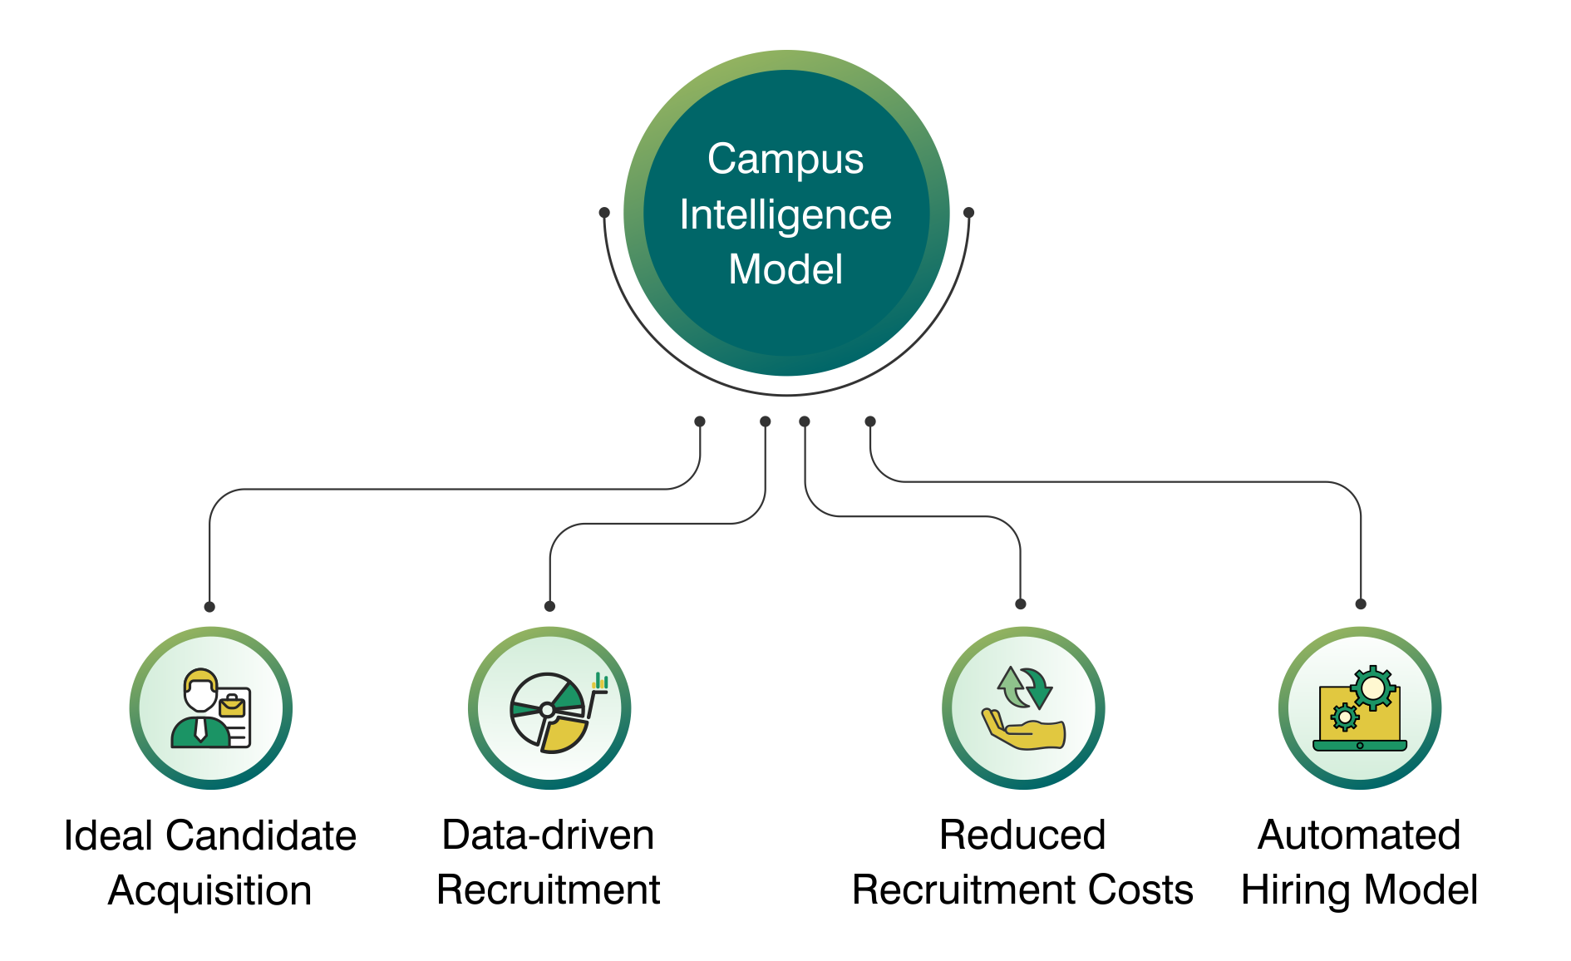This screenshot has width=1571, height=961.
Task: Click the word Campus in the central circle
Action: click(x=785, y=159)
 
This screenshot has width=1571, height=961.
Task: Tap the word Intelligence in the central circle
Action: click(x=785, y=214)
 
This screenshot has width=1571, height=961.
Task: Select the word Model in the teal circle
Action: click(x=785, y=269)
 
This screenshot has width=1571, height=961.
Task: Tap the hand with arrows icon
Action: click(x=1023, y=709)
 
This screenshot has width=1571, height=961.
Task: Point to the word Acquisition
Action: click(x=210, y=890)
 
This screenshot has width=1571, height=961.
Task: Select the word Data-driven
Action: click(x=548, y=835)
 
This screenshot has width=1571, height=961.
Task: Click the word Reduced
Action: click(x=1022, y=835)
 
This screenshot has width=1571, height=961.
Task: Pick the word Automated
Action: click(x=1359, y=835)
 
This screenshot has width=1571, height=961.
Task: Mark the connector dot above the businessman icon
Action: click(x=209, y=607)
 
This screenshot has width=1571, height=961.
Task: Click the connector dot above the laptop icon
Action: click(x=1361, y=604)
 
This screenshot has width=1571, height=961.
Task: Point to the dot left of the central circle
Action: click(x=604, y=213)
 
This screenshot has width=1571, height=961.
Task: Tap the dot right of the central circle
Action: click(x=968, y=213)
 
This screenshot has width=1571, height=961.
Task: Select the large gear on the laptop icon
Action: click(x=1373, y=688)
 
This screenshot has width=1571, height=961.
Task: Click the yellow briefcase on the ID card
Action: click(x=231, y=707)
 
